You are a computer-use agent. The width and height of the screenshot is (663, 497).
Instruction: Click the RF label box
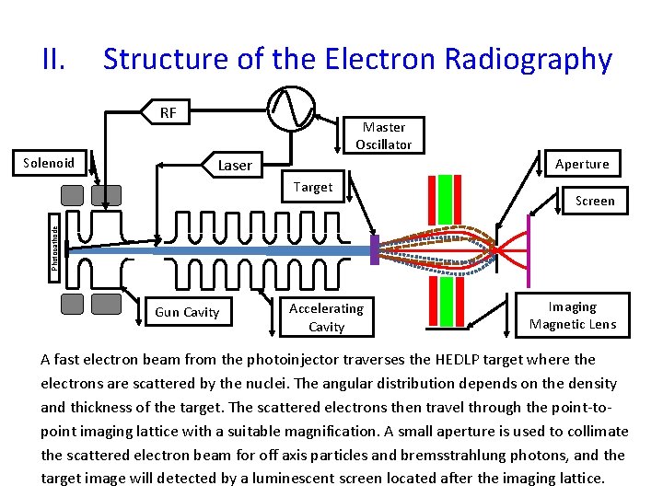167,113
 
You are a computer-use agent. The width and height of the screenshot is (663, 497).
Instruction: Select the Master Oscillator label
383,135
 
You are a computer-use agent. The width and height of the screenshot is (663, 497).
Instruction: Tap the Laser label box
235,165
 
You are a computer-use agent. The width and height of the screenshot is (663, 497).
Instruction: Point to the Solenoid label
49,163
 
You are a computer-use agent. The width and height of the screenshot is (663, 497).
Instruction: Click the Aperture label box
582,164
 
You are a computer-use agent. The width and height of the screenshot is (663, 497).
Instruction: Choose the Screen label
595,201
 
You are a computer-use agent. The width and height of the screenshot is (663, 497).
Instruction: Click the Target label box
313,187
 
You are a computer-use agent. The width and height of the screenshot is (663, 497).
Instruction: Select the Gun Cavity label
187,312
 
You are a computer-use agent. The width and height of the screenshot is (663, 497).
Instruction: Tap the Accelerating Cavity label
326,317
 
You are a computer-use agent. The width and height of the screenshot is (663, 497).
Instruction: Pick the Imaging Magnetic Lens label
572,315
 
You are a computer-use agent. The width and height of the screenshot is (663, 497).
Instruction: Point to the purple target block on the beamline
375,249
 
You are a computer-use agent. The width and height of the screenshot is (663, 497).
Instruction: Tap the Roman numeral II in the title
53,59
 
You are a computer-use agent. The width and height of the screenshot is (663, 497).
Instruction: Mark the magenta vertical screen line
529,249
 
